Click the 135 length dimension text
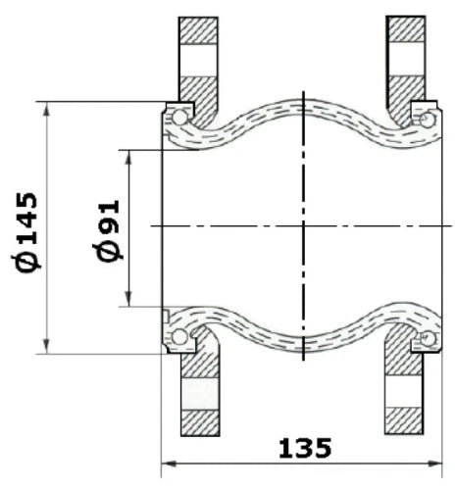(x=305, y=448)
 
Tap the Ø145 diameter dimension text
(x=26, y=232)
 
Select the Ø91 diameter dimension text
(x=107, y=230)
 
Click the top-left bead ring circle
(x=179, y=118)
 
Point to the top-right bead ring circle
(x=428, y=120)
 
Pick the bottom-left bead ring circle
(x=179, y=337)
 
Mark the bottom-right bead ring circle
(x=428, y=338)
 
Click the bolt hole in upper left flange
(x=198, y=61)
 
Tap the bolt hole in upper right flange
(x=406, y=59)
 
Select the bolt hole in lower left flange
(x=200, y=394)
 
